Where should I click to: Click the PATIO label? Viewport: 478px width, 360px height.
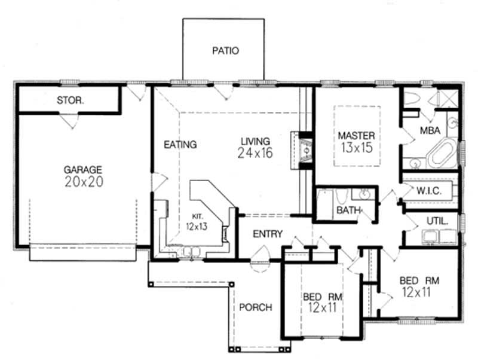click(x=225, y=51)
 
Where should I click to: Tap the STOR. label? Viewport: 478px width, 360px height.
click(x=70, y=100)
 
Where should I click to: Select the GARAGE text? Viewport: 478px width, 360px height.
click(x=83, y=169)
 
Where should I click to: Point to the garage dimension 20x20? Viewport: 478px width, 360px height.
click(x=84, y=182)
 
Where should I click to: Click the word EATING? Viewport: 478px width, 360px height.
click(x=180, y=144)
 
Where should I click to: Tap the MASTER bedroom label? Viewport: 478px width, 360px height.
click(x=356, y=135)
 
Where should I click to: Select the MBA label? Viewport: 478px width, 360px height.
click(x=431, y=130)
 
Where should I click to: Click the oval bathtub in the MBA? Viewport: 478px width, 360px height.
click(x=441, y=153)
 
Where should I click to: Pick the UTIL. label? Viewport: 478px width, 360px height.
click(x=437, y=221)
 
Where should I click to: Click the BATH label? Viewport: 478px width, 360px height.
click(x=347, y=210)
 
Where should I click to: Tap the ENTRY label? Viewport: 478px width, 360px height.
click(x=267, y=234)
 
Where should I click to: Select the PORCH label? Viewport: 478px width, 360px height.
click(x=256, y=307)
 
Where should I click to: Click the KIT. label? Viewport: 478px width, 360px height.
click(x=198, y=216)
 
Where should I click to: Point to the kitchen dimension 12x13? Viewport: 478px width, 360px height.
click(x=196, y=226)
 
